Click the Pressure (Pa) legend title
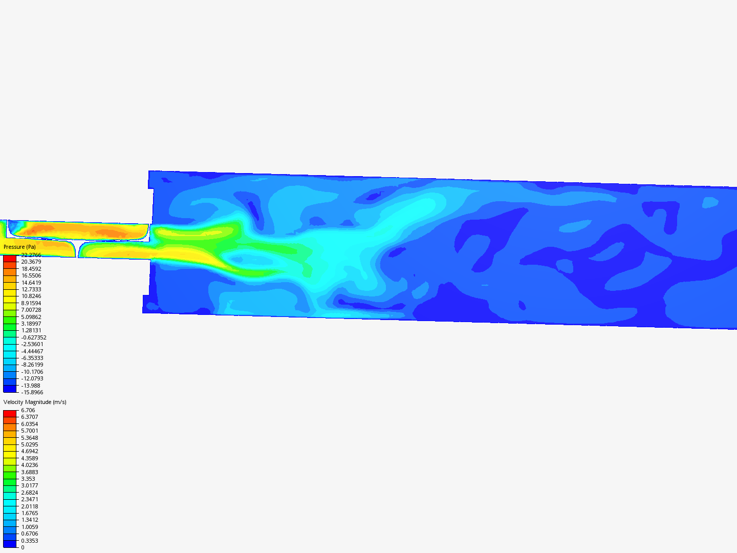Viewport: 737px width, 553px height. tap(19, 247)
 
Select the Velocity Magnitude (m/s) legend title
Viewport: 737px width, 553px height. tap(35, 402)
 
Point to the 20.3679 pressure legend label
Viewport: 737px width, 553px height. tap(31, 262)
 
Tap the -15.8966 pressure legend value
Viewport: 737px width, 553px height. tap(32, 392)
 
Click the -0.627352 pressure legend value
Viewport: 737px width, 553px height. tap(34, 337)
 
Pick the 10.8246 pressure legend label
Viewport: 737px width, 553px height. tap(31, 296)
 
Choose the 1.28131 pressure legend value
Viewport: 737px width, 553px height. tap(31, 330)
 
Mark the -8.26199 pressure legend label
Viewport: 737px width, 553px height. tap(32, 365)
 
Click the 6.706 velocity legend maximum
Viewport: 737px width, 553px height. tap(28, 410)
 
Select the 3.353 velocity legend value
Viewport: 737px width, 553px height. tap(28, 479)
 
